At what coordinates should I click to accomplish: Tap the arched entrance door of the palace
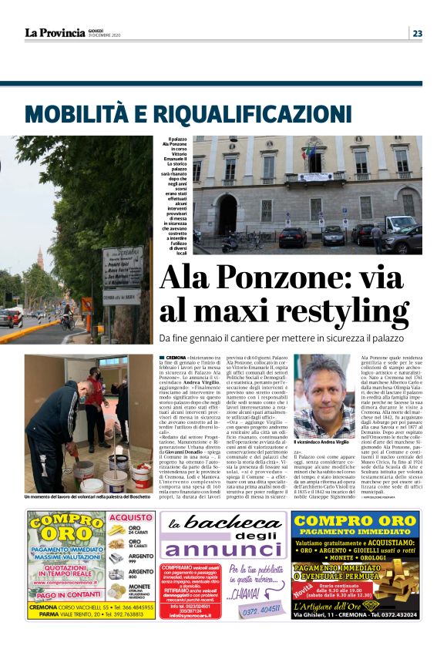coord(227,213)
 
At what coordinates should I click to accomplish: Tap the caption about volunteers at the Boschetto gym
coord(87,497)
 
